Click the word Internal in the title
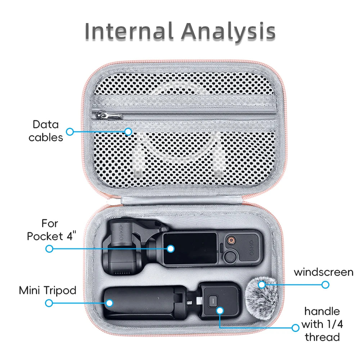click(x=129, y=31)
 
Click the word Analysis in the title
click(x=229, y=32)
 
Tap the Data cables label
click(x=46, y=131)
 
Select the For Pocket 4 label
click(x=51, y=230)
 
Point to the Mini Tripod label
click(x=48, y=291)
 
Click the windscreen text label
click(x=324, y=272)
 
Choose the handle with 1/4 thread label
click(x=322, y=324)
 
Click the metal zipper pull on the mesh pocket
click(x=107, y=115)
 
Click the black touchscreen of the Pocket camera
click(x=190, y=249)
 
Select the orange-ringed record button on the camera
click(x=231, y=240)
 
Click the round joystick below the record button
click(x=230, y=256)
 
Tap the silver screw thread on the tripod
click(x=190, y=303)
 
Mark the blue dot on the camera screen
click(x=171, y=249)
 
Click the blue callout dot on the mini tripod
click(x=109, y=303)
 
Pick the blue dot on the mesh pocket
click(x=128, y=131)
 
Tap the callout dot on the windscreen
click(x=262, y=285)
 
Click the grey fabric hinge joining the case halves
click(x=181, y=201)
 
